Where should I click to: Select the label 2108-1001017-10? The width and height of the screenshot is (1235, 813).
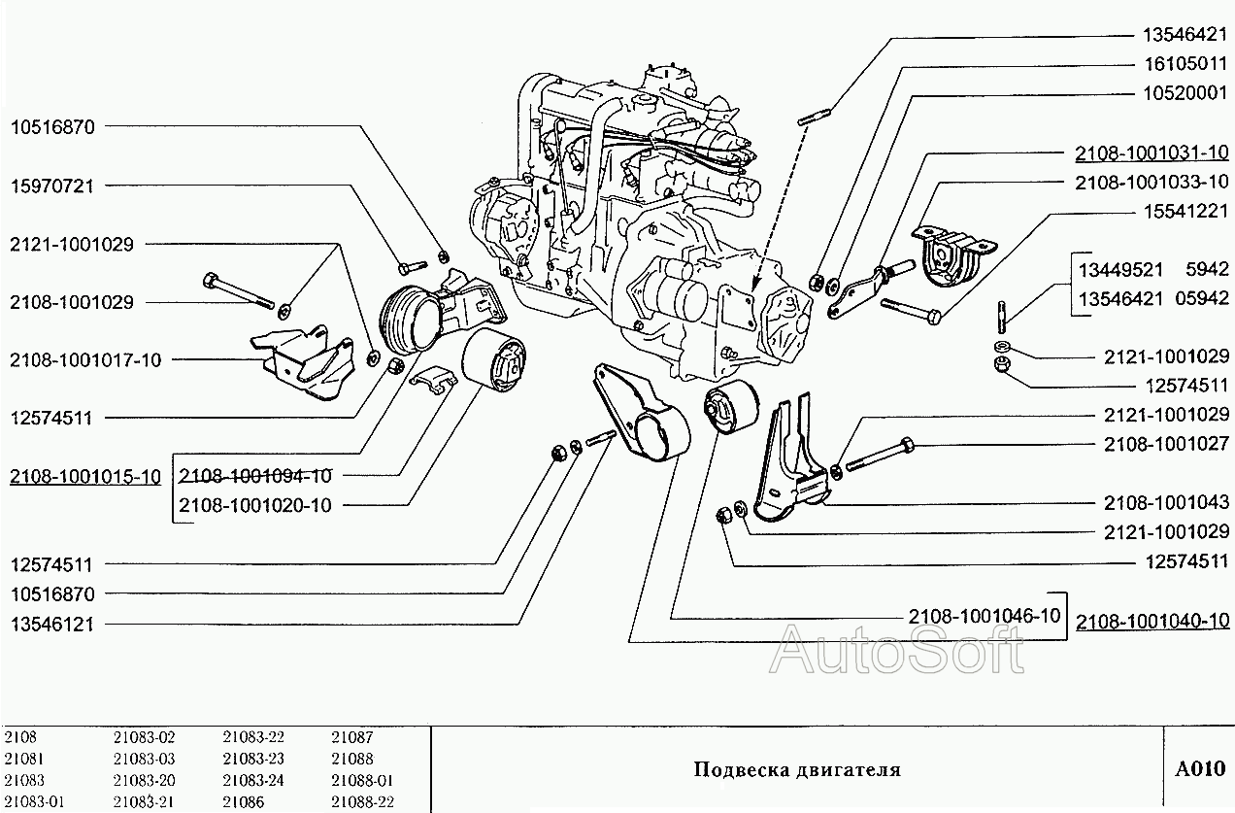(x=85, y=359)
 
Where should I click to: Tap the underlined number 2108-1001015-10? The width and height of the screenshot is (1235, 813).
(x=85, y=476)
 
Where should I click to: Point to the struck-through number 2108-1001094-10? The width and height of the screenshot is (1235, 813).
(x=254, y=476)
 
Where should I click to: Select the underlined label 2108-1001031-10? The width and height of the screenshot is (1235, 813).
(x=1152, y=152)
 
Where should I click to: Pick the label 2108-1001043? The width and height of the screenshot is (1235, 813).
(x=1166, y=502)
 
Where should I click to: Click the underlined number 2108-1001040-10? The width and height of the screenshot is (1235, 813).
(x=1152, y=621)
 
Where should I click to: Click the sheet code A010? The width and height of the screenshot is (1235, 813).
(x=1199, y=769)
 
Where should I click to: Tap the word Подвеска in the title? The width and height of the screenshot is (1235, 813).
(x=736, y=770)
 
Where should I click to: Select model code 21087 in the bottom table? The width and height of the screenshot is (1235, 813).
(x=351, y=738)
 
